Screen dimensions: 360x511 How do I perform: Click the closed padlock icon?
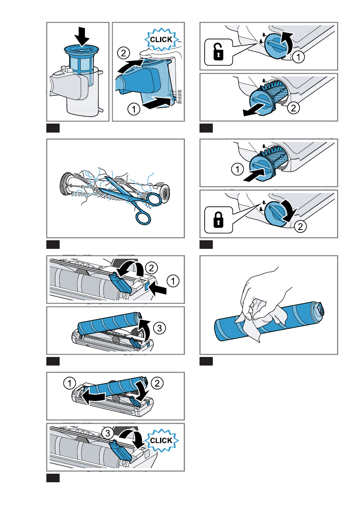[218, 220]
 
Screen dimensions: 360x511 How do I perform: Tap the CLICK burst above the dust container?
[161, 40]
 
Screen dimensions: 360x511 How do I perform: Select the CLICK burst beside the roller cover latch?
[161, 440]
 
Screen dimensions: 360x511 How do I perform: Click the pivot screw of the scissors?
[130, 198]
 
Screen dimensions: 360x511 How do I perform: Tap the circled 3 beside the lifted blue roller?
[160, 328]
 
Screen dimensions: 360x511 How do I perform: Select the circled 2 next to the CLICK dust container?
[124, 52]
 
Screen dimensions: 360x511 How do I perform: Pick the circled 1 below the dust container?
[133, 109]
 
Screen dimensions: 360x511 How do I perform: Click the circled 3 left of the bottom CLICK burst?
[108, 433]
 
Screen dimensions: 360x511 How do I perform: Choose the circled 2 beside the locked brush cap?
[300, 226]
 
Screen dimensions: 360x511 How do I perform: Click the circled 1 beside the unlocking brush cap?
[298, 57]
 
